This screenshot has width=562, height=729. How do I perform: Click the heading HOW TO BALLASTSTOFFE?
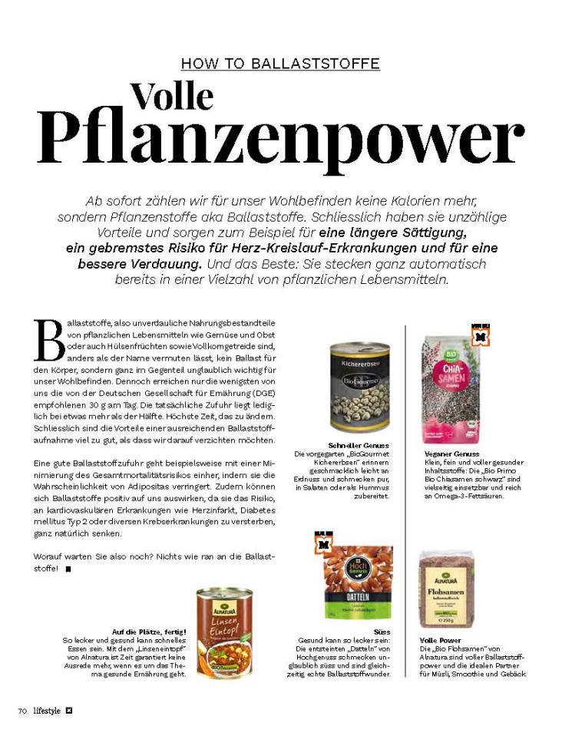[280, 64]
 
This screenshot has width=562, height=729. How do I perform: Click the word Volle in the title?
[171, 96]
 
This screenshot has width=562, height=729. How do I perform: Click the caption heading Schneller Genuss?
[359, 445]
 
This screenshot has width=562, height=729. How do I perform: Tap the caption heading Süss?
[382, 632]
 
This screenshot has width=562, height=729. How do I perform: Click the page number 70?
[23, 711]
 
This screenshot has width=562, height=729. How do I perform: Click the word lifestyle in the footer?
[47, 711]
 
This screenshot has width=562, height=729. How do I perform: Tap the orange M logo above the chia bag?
[481, 335]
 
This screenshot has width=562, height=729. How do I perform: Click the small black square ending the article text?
[68, 569]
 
